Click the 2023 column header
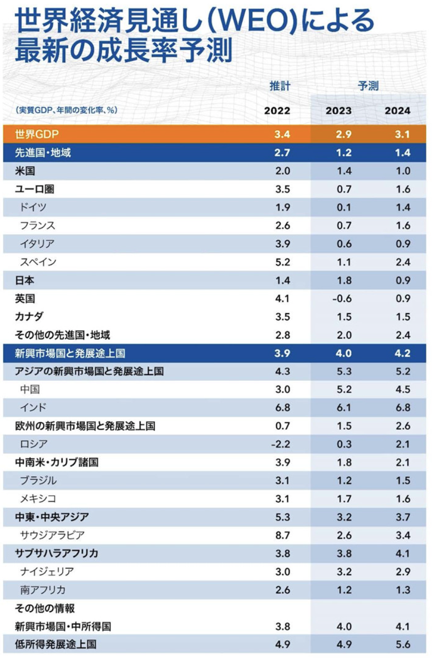pos(339,111)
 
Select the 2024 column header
pos(398,111)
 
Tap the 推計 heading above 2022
pos(280,86)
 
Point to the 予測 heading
pos(368,86)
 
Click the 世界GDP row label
pos(37,134)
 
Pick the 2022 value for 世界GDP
pos(282,134)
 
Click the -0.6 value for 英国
pos(341,299)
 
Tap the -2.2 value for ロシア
pos(281,444)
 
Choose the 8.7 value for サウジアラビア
pos(282,535)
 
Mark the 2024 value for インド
pos(403,408)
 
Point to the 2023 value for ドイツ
pos(344,207)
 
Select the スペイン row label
pos(38,262)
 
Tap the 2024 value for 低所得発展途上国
pos(403,644)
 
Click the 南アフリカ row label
pos(43,590)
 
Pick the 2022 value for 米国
pos(282,171)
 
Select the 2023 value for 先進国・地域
pos(344,153)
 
